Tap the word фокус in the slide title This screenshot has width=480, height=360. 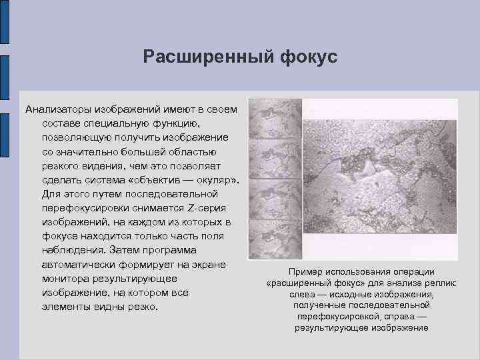(304, 57)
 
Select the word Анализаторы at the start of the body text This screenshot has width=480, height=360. (59, 109)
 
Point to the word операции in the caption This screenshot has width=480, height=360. (415, 271)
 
